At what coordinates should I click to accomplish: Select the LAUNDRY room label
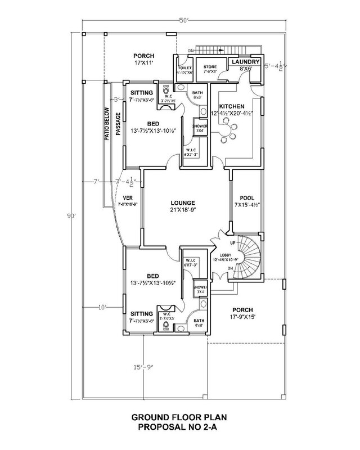pyautogui.click(x=245, y=62)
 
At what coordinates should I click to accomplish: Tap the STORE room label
pyautogui.click(x=210, y=67)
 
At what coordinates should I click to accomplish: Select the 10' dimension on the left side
pyautogui.click(x=102, y=308)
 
